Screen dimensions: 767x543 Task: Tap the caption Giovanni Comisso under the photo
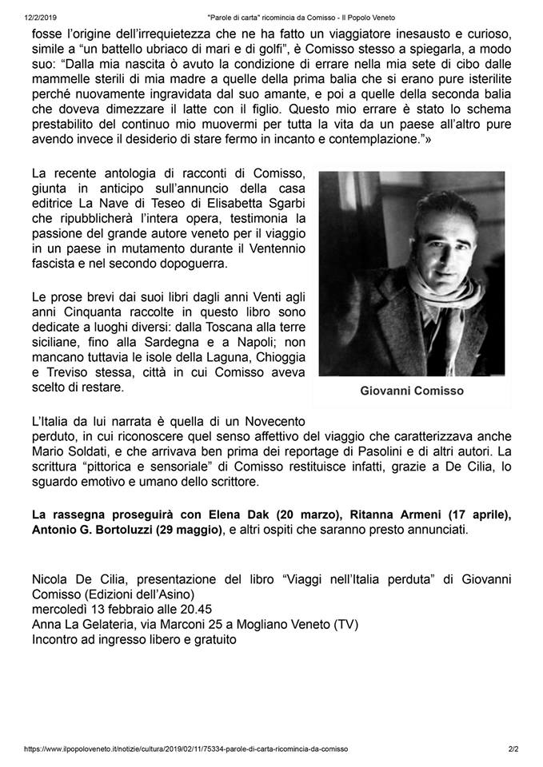(x=412, y=391)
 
